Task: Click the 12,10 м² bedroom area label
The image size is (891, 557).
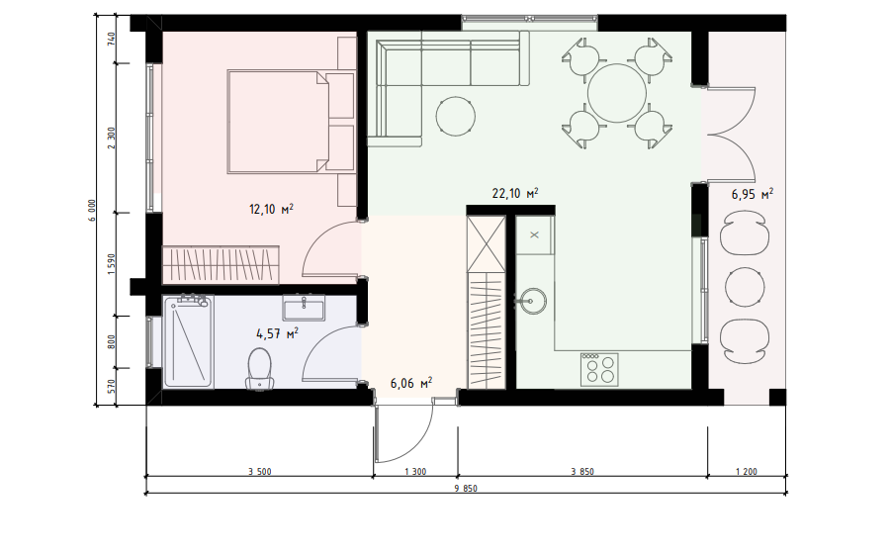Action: click(271, 209)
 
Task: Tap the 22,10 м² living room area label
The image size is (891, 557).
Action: click(515, 193)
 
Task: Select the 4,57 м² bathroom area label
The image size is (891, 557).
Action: click(277, 333)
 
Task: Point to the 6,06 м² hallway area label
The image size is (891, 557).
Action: click(410, 383)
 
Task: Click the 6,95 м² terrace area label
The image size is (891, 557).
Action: click(752, 194)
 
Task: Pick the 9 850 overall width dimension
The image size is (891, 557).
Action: click(466, 489)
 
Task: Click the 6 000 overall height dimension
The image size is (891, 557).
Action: click(93, 211)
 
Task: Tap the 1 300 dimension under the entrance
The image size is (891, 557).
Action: click(415, 472)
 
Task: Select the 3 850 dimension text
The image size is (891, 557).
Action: click(582, 472)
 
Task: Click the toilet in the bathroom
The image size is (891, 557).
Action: click(260, 369)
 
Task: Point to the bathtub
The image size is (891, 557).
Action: click(188, 341)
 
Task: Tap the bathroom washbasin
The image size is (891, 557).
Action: click(304, 308)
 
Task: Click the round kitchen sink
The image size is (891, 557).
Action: click(531, 301)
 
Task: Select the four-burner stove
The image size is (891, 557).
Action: click(599, 369)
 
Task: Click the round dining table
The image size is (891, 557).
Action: click(617, 93)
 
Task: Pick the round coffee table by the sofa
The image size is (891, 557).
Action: click(456, 117)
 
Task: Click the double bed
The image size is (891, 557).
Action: click(278, 121)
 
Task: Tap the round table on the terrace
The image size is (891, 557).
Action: click(745, 287)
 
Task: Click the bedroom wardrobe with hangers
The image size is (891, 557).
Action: click(222, 264)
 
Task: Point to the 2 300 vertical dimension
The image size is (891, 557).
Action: click(112, 138)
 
